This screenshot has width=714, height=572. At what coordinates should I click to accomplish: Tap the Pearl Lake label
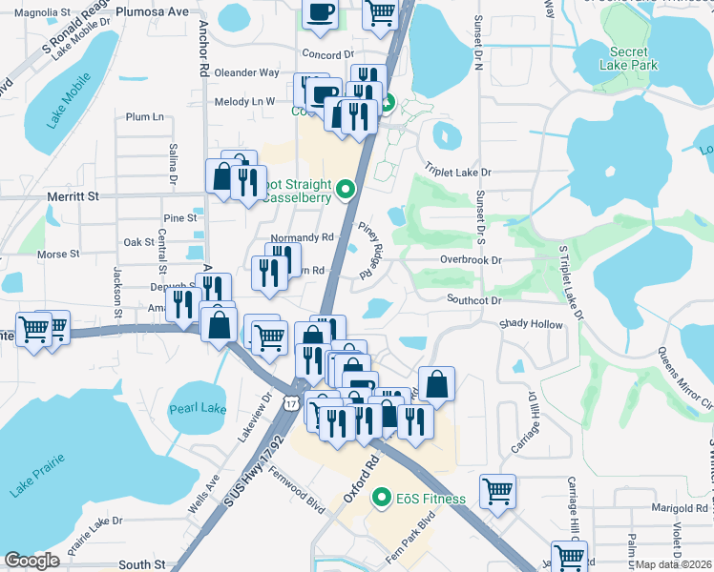[198, 409]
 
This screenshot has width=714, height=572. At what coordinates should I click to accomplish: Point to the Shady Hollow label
[532, 324]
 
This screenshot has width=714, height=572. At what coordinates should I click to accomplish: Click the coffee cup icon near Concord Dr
[320, 11]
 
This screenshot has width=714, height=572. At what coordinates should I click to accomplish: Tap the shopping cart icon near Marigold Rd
[497, 491]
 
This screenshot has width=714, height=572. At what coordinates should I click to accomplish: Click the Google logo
[31, 562]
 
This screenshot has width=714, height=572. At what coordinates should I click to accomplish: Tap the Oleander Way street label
[246, 72]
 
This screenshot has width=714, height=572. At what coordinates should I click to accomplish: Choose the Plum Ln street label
[145, 116]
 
